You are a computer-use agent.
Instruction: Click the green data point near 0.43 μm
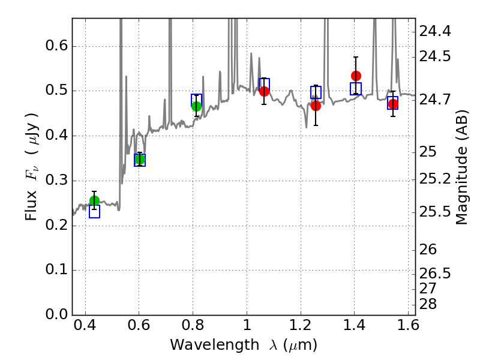(94, 201)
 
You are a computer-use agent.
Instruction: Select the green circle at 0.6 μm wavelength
(140, 159)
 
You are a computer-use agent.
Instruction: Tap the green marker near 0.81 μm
(197, 107)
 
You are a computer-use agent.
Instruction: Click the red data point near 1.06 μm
(264, 91)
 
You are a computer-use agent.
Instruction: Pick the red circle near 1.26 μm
(316, 106)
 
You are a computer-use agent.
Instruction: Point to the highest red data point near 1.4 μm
(356, 76)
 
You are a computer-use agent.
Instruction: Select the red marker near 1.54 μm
(394, 104)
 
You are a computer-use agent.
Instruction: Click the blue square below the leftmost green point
(94, 212)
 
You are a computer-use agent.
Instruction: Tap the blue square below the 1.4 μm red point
(356, 89)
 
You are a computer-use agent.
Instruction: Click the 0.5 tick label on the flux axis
(56, 91)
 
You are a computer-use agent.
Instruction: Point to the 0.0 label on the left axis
(56, 314)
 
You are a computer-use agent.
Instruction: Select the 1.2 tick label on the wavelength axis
(301, 325)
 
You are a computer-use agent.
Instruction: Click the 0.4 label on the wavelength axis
(85, 325)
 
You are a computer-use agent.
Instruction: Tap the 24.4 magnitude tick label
(434, 31)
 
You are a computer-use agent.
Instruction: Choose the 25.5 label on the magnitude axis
(434, 212)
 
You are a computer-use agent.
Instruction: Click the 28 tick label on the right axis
(428, 304)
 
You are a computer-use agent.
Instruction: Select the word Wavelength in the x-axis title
(215, 345)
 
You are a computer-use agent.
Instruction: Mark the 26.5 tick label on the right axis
(434, 274)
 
